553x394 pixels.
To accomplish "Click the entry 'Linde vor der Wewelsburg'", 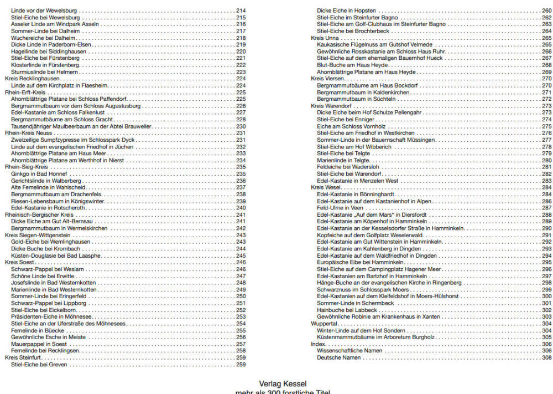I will (x=44, y=11).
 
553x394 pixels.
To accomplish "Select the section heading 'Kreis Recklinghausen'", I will (x=32, y=79).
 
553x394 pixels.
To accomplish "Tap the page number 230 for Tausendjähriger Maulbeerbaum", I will (x=241, y=126).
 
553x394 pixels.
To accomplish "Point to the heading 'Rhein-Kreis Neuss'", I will (x=29, y=133).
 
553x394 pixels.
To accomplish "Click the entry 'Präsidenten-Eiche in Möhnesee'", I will (x=51, y=316).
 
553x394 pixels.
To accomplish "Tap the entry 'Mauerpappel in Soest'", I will (x=39, y=344).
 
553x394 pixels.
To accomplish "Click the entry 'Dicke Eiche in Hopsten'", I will (x=346, y=11).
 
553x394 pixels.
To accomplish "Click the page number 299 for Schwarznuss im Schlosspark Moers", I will (x=546, y=289).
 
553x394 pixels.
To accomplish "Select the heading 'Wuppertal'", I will (x=324, y=323).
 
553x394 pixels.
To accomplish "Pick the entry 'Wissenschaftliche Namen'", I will (x=349, y=350).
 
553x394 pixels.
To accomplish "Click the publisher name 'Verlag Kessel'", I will (x=283, y=383).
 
